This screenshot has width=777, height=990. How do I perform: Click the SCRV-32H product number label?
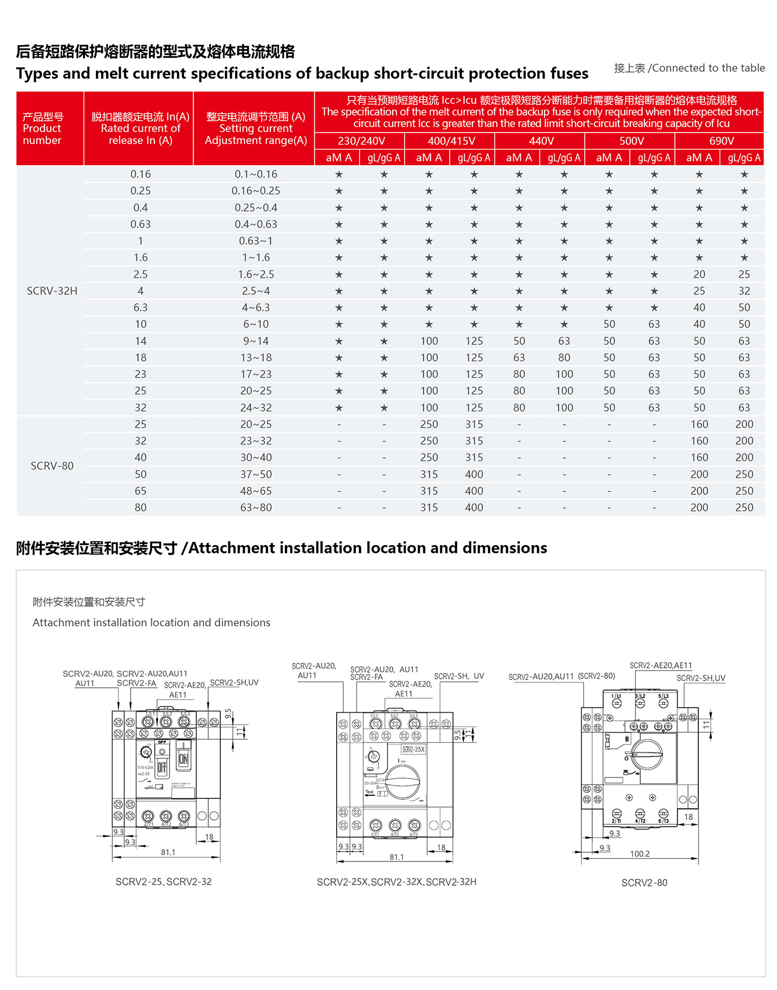click(x=52, y=291)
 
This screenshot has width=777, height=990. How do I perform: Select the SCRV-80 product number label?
click(x=52, y=466)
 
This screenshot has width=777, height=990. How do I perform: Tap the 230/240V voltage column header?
click(x=361, y=141)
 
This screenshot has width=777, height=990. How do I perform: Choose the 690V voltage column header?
click(x=721, y=141)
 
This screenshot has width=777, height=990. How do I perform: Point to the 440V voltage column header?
click(x=541, y=141)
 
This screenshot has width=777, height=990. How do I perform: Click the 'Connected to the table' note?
click(x=689, y=68)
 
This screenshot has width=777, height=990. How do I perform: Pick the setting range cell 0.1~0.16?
click(x=256, y=175)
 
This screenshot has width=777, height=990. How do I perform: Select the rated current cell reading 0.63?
click(x=140, y=224)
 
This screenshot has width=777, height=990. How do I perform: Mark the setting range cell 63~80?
click(x=256, y=508)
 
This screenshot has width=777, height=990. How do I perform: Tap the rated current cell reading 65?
click(x=140, y=491)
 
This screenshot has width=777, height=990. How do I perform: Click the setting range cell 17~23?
click(x=256, y=374)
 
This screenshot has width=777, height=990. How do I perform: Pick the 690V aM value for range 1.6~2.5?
click(x=699, y=275)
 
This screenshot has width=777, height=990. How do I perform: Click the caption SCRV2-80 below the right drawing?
click(x=644, y=883)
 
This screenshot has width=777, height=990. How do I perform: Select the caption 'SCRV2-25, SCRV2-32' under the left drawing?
click(x=163, y=882)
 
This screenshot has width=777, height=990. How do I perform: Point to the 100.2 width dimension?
click(x=640, y=854)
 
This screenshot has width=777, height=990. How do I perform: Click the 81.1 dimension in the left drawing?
click(x=168, y=852)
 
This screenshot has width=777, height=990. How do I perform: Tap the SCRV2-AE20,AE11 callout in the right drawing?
click(x=660, y=666)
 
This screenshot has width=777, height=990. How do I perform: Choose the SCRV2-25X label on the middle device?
click(x=413, y=749)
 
